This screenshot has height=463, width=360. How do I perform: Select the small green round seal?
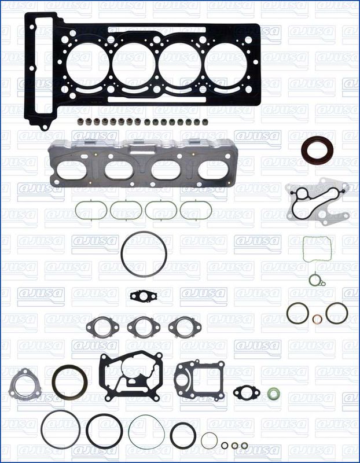click(273, 394)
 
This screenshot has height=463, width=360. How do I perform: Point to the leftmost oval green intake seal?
click(76, 210)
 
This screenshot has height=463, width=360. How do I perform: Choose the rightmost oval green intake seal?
click(181, 210)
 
